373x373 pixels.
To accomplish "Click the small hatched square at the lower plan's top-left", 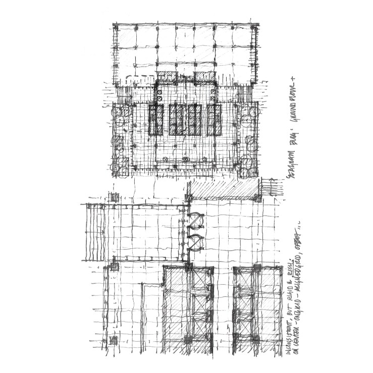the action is (115, 197).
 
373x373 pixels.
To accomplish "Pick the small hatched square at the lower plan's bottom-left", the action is (113, 339).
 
